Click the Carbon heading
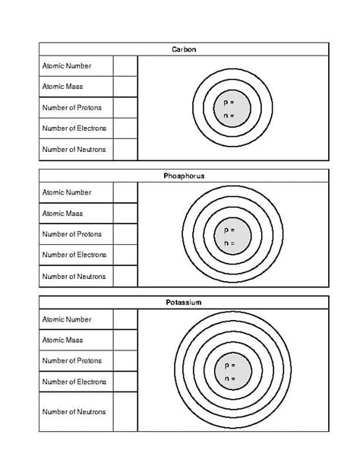184,49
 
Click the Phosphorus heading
184,176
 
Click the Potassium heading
184,303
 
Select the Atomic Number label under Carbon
67,66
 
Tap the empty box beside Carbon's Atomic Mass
125,87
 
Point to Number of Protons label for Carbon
72,108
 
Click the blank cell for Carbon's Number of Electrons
125,128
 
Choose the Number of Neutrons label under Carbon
74,149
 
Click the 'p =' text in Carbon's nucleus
229,102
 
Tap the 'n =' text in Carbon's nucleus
229,116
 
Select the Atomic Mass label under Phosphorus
63,214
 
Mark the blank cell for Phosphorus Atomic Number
125,193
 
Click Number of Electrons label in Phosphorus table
74,255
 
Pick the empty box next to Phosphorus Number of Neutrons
125,276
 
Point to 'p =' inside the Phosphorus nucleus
229,229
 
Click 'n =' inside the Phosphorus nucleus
229,243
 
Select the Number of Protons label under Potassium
72,360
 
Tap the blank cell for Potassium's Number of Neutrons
125,411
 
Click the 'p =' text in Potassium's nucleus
229,365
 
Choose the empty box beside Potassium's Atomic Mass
125,340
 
